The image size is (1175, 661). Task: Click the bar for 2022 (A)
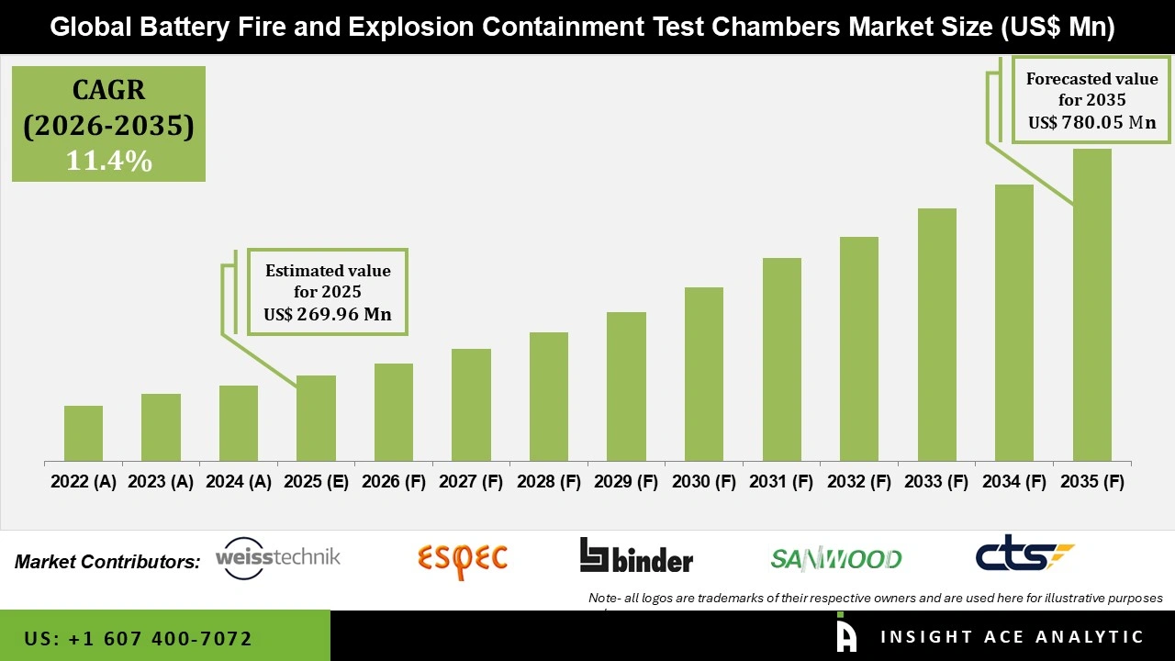(x=84, y=433)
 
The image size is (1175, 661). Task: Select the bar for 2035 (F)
(x=1091, y=305)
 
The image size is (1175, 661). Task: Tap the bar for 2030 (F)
(x=703, y=374)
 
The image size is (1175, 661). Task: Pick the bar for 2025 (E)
(x=316, y=418)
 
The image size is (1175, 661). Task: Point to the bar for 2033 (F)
(x=936, y=334)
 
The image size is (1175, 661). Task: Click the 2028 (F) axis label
(x=549, y=482)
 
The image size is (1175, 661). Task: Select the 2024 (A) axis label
(x=239, y=482)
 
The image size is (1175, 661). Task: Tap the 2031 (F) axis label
(x=781, y=482)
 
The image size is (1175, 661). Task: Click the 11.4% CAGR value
(x=108, y=162)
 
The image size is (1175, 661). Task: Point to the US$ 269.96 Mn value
(x=328, y=314)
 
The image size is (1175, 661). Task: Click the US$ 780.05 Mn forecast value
(x=1091, y=122)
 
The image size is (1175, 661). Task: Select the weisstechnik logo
(x=277, y=557)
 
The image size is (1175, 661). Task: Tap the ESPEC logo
(x=462, y=558)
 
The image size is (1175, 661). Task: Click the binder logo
(x=636, y=556)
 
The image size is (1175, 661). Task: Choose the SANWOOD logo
(x=835, y=558)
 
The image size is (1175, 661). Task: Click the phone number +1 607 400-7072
(x=138, y=638)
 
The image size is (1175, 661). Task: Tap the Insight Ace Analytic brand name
(x=1012, y=637)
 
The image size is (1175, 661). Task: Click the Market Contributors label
(x=107, y=562)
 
